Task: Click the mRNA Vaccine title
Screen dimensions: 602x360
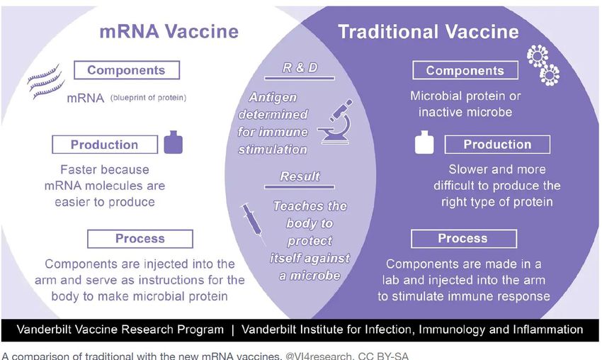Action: (x=169, y=31)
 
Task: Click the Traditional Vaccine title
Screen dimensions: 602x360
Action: (x=428, y=32)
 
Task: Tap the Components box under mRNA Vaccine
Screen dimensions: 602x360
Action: (x=127, y=70)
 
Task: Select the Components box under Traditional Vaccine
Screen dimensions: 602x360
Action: (x=465, y=71)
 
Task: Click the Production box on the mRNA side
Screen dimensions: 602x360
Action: (x=105, y=145)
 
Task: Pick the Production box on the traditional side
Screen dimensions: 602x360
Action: (x=498, y=145)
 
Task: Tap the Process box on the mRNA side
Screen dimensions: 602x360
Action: (x=140, y=239)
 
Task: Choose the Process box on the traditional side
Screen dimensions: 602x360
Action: (x=464, y=239)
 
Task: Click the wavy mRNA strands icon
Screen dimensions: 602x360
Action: (x=46, y=81)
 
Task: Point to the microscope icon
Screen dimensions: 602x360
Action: (x=335, y=122)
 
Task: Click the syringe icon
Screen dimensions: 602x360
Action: (x=253, y=223)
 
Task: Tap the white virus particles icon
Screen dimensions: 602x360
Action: (x=543, y=65)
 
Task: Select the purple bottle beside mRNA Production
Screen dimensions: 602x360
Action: (x=173, y=142)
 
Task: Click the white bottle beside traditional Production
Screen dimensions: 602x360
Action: (x=424, y=142)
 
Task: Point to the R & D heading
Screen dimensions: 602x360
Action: (x=300, y=68)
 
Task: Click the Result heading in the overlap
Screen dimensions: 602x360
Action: (x=300, y=176)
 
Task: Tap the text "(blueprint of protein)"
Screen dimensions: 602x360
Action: (x=148, y=98)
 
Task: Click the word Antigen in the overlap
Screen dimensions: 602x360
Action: (x=273, y=98)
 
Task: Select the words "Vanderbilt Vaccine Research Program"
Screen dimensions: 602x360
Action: (x=120, y=330)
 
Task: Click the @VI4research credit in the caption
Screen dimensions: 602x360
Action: (x=319, y=356)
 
